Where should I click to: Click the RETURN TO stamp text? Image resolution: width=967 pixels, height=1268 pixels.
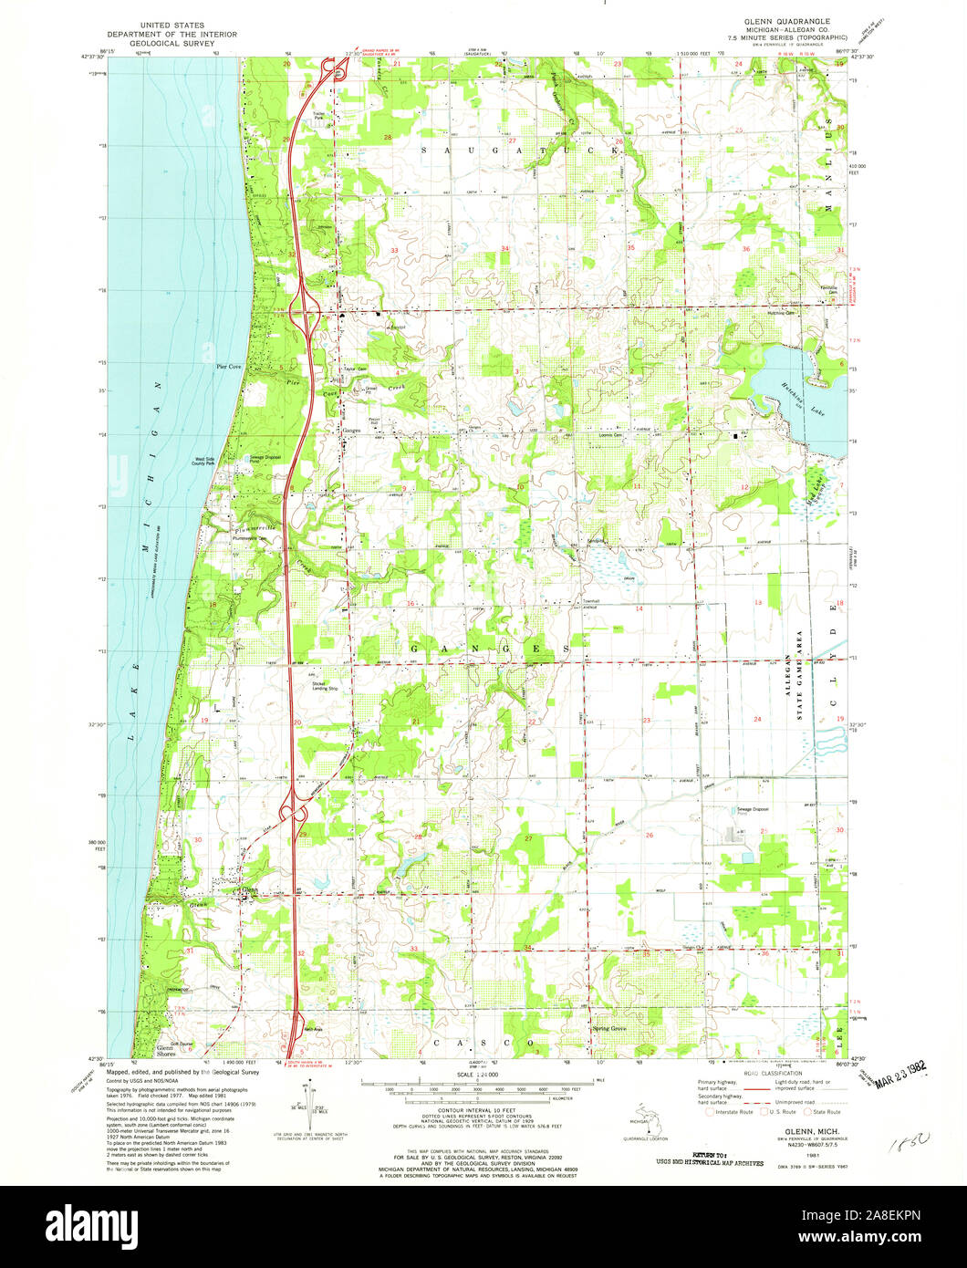click(x=722, y=1154)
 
